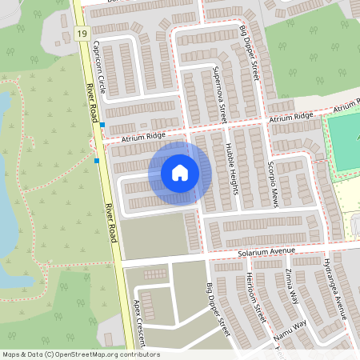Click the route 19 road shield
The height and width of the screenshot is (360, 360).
[x=82, y=34]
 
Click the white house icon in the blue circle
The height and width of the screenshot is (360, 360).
[x=179, y=172]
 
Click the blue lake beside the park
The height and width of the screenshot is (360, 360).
[x=6, y=184]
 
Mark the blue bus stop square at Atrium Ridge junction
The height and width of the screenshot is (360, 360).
[x=102, y=125]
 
